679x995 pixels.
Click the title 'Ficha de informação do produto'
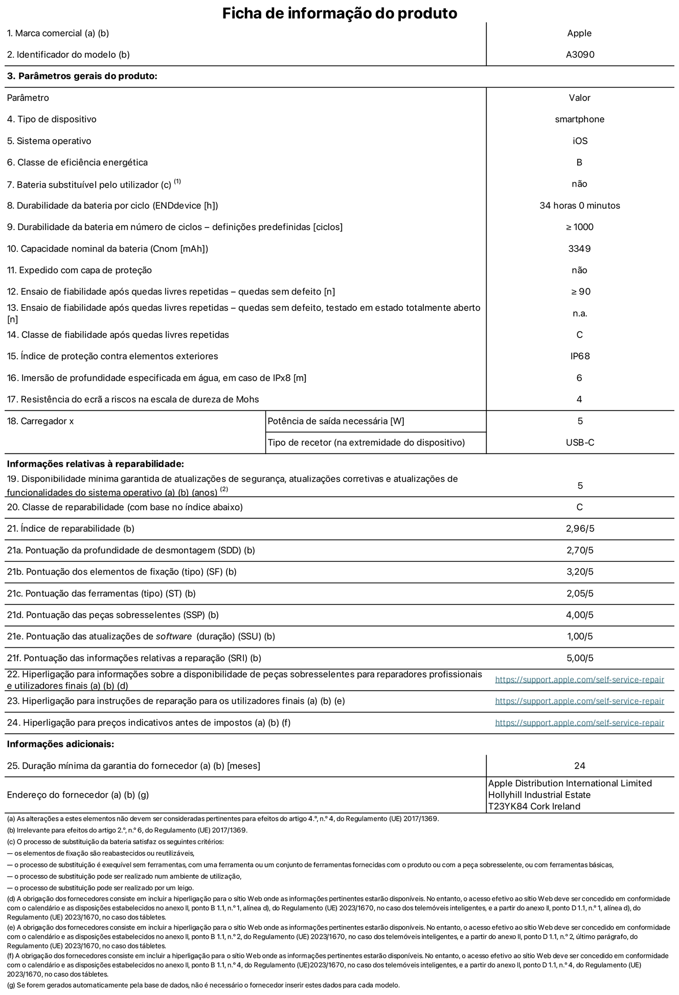click(339, 13)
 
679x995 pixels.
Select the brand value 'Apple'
click(579, 33)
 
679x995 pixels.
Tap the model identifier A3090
click(580, 55)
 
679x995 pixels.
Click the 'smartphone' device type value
click(579, 119)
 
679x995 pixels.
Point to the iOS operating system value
click(580, 141)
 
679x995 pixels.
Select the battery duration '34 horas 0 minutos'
click(579, 206)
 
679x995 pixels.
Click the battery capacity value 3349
click(579, 249)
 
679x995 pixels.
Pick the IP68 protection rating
click(580, 356)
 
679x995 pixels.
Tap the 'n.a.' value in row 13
click(580, 313)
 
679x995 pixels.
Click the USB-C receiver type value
click(580, 443)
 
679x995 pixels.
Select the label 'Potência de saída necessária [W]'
click(335, 421)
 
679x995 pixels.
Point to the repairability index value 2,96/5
click(580, 529)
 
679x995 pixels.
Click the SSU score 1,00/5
click(580, 637)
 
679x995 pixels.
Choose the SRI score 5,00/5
click(580, 658)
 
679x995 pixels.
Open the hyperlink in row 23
click(579, 701)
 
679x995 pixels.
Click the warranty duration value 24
click(579, 766)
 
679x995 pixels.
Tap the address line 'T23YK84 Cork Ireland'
click(534, 806)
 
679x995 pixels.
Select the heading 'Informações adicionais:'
click(60, 744)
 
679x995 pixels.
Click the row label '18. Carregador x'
click(40, 421)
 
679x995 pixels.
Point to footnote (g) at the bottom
click(203, 985)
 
